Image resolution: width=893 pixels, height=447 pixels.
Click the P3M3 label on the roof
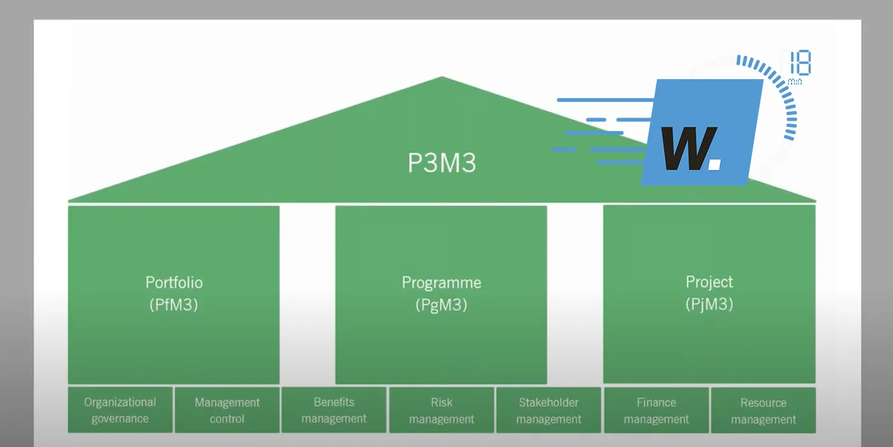coord(441,163)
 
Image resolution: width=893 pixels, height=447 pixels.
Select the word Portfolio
coord(173,282)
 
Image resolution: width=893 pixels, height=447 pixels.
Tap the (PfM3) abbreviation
coord(173,305)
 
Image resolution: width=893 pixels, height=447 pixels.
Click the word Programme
coord(441,282)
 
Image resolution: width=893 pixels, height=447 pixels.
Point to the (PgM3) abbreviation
coord(441,305)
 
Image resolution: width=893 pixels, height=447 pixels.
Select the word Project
coord(709,282)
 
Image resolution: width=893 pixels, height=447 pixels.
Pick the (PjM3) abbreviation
coord(709,304)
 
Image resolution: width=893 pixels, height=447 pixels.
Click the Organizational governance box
coord(120,410)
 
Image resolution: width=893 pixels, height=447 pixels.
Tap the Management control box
coord(227,410)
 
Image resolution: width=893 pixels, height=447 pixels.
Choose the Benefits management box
coord(334,410)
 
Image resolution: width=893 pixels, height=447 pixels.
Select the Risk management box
coord(441,410)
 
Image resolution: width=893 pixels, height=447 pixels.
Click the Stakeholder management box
coord(549,410)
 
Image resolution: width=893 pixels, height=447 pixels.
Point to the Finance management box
coord(656,411)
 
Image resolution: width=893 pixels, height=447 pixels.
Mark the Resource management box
coord(764,411)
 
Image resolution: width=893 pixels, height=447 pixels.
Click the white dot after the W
coord(714,165)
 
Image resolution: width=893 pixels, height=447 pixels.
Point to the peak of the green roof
coord(441,79)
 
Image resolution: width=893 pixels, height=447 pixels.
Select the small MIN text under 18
coord(795,82)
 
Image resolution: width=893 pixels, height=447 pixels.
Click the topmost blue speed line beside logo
coord(606,100)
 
